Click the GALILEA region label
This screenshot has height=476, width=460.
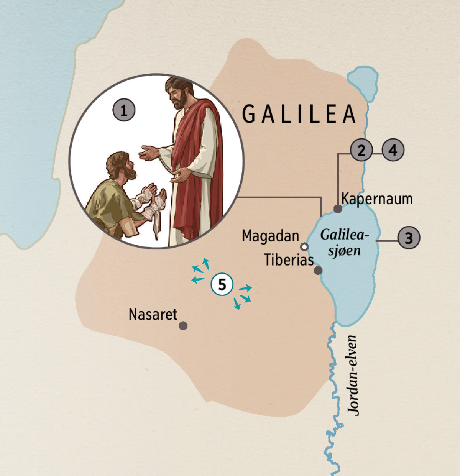tap(299, 114)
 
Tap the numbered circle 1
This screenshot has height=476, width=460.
tap(123, 110)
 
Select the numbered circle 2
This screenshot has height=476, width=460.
tap(361, 150)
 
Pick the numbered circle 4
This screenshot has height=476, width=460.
tap(393, 150)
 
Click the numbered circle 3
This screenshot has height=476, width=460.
tap(409, 238)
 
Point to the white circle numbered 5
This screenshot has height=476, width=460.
tap(222, 285)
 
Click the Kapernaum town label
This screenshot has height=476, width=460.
tap(377, 199)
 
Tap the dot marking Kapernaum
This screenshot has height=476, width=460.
tap(338, 209)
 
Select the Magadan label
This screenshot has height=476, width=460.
tap(270, 236)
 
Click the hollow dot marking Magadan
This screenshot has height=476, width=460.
tap(304, 246)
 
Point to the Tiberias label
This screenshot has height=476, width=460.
tap(289, 260)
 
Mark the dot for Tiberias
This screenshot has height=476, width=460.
tap(318, 271)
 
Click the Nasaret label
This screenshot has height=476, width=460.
tap(153, 315)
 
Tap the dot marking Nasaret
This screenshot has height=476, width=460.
tap(183, 326)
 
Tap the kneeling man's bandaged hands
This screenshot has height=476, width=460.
tap(151, 199)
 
